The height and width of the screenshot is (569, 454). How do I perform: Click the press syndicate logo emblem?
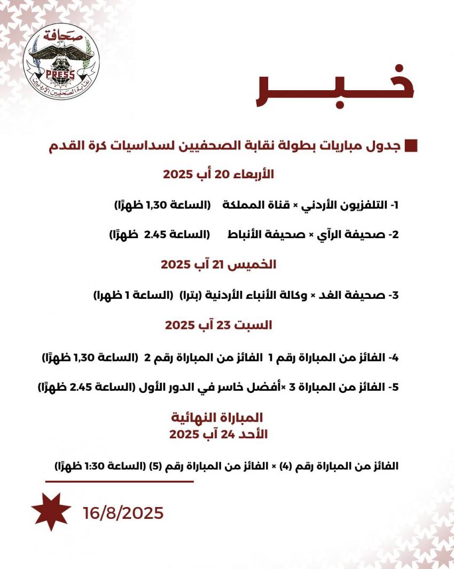pyautogui.click(x=59, y=64)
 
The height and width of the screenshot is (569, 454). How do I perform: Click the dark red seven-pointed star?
pyautogui.click(x=51, y=511)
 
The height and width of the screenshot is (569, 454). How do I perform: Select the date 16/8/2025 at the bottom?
pyautogui.click(x=123, y=513)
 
